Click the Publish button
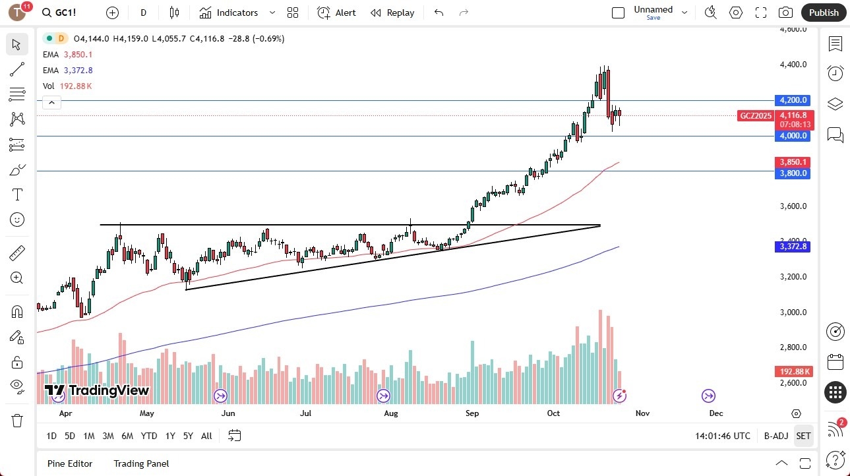pyautogui.click(x=824, y=13)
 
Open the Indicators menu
pyautogui.click(x=229, y=13)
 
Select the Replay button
pyautogui.click(x=392, y=13)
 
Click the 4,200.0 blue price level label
pyautogui.click(x=793, y=100)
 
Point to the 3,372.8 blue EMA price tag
pyautogui.click(x=793, y=247)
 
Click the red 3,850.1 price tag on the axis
pyautogui.click(x=793, y=162)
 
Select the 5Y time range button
pyautogui.click(x=188, y=436)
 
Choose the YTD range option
pyautogui.click(x=149, y=436)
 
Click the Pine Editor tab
pyautogui.click(x=70, y=463)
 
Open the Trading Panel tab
pyautogui.click(x=142, y=463)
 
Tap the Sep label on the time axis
pyautogui.click(x=472, y=413)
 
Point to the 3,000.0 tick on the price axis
pyautogui.click(x=793, y=312)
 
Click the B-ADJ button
pyautogui.click(x=776, y=436)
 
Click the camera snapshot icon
pyautogui.click(x=785, y=13)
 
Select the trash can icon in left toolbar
pyautogui.click(x=17, y=421)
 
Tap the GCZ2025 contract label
pyautogui.click(x=756, y=115)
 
